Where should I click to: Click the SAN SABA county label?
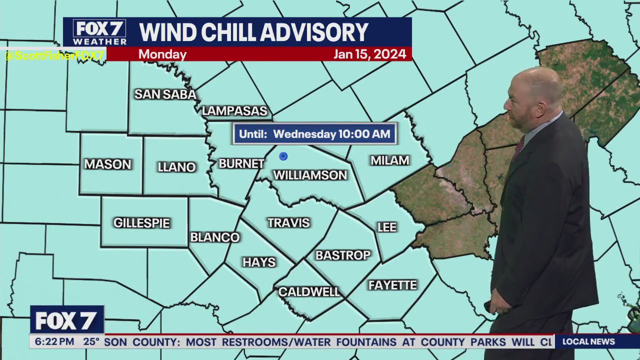click(x=165, y=94)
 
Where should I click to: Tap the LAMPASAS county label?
click(x=234, y=111)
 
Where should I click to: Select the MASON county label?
click(x=107, y=164)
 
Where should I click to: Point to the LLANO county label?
click(x=176, y=167)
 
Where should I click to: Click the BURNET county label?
click(x=241, y=163)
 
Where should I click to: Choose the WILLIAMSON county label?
click(x=310, y=175)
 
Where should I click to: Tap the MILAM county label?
click(x=390, y=160)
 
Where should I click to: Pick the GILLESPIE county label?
click(x=141, y=223)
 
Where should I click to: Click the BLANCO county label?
click(x=215, y=237)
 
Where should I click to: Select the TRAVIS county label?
click(x=288, y=223)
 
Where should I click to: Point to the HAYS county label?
click(x=259, y=262)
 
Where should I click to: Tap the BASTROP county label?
click(x=343, y=255)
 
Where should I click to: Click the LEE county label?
click(x=387, y=227)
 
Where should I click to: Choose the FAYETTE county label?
click(x=392, y=285)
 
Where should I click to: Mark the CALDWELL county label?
click(x=309, y=292)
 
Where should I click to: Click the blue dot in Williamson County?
click(x=283, y=156)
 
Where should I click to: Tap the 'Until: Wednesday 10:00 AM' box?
click(x=314, y=134)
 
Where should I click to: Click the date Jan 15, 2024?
click(x=369, y=54)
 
